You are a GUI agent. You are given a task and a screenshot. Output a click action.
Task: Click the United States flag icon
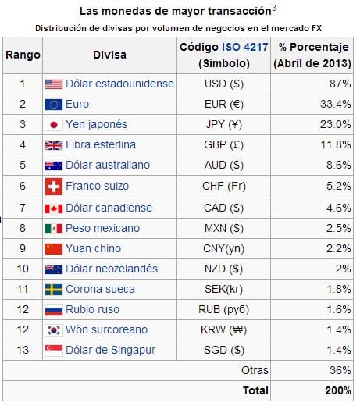point(54,84)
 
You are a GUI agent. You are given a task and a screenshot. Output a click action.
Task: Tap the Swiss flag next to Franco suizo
point(54,187)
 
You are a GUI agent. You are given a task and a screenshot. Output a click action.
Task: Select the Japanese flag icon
point(54,125)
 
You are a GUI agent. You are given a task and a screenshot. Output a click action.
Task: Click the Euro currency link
point(77,104)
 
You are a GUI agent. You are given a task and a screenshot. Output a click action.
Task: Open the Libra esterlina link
point(101,144)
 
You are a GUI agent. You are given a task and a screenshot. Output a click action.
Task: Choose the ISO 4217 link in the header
point(245,47)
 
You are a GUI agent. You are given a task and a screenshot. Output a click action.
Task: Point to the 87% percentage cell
point(340,84)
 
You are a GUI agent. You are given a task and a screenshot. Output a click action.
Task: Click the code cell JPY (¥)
point(224,124)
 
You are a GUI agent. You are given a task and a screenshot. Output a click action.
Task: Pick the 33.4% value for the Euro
point(336,104)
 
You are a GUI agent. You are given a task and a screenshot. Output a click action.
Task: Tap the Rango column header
point(23,55)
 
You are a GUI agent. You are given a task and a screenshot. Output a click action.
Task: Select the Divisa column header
point(109,55)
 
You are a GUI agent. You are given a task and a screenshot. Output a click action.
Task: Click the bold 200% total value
point(338,390)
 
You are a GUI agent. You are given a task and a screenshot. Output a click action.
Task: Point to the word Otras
point(255,370)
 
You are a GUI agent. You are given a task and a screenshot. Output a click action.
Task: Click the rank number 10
point(23,269)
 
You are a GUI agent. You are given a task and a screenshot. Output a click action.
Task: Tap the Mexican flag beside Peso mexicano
point(54,229)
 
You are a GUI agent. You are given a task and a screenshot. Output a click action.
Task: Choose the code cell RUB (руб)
point(223,310)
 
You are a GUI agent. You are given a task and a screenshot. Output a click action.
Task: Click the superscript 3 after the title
point(274,8)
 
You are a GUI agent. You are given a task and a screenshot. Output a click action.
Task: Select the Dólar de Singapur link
point(111,351)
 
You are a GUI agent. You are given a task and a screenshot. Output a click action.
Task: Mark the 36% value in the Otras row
point(340,370)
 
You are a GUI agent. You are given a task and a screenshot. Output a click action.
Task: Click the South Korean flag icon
point(54,330)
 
